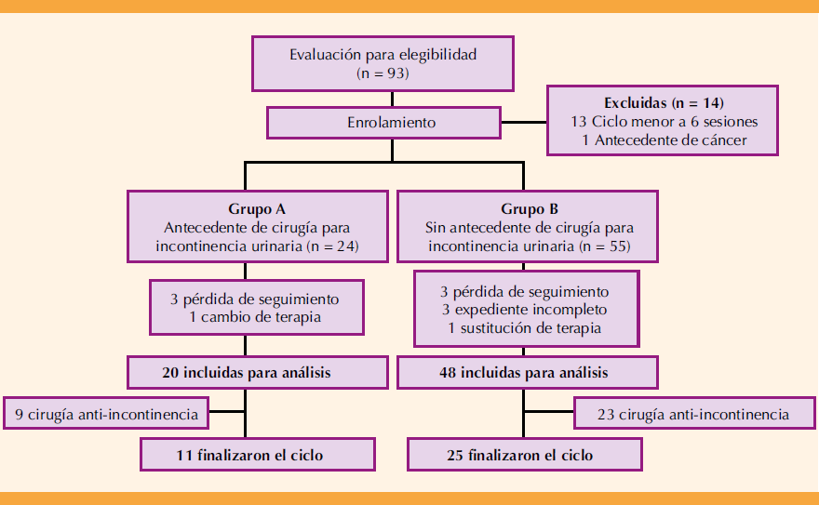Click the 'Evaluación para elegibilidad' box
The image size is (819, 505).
coord(383,63)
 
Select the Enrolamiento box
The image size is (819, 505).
coord(383,122)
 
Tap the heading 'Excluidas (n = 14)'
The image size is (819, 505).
coord(663,102)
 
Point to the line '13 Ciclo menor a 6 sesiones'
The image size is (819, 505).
coord(663,122)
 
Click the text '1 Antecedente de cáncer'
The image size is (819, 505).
coord(663,141)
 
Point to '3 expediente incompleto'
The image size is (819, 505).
coord(525,310)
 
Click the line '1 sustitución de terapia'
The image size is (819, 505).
coord(525,327)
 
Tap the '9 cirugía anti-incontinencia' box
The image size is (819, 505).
coord(105,415)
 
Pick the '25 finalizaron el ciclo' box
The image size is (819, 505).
coord(525,456)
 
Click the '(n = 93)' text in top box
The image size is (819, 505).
coord(383,73)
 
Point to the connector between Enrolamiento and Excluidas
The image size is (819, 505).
coord(524,122)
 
